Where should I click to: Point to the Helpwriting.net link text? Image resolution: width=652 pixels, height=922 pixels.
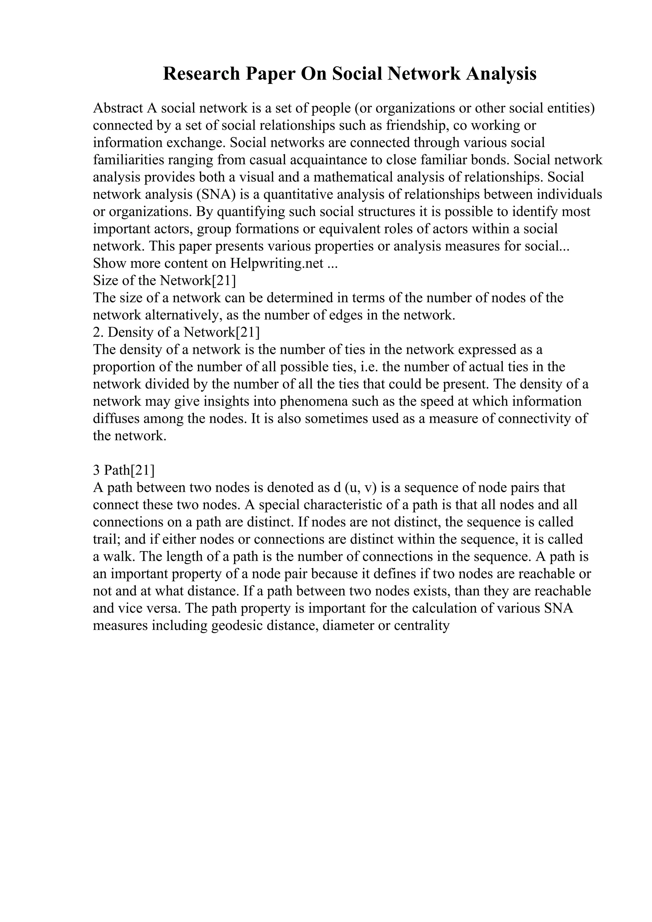tap(277, 263)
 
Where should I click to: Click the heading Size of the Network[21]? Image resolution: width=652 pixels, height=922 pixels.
tap(164, 281)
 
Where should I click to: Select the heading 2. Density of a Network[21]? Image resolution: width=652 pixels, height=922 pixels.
tap(176, 332)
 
